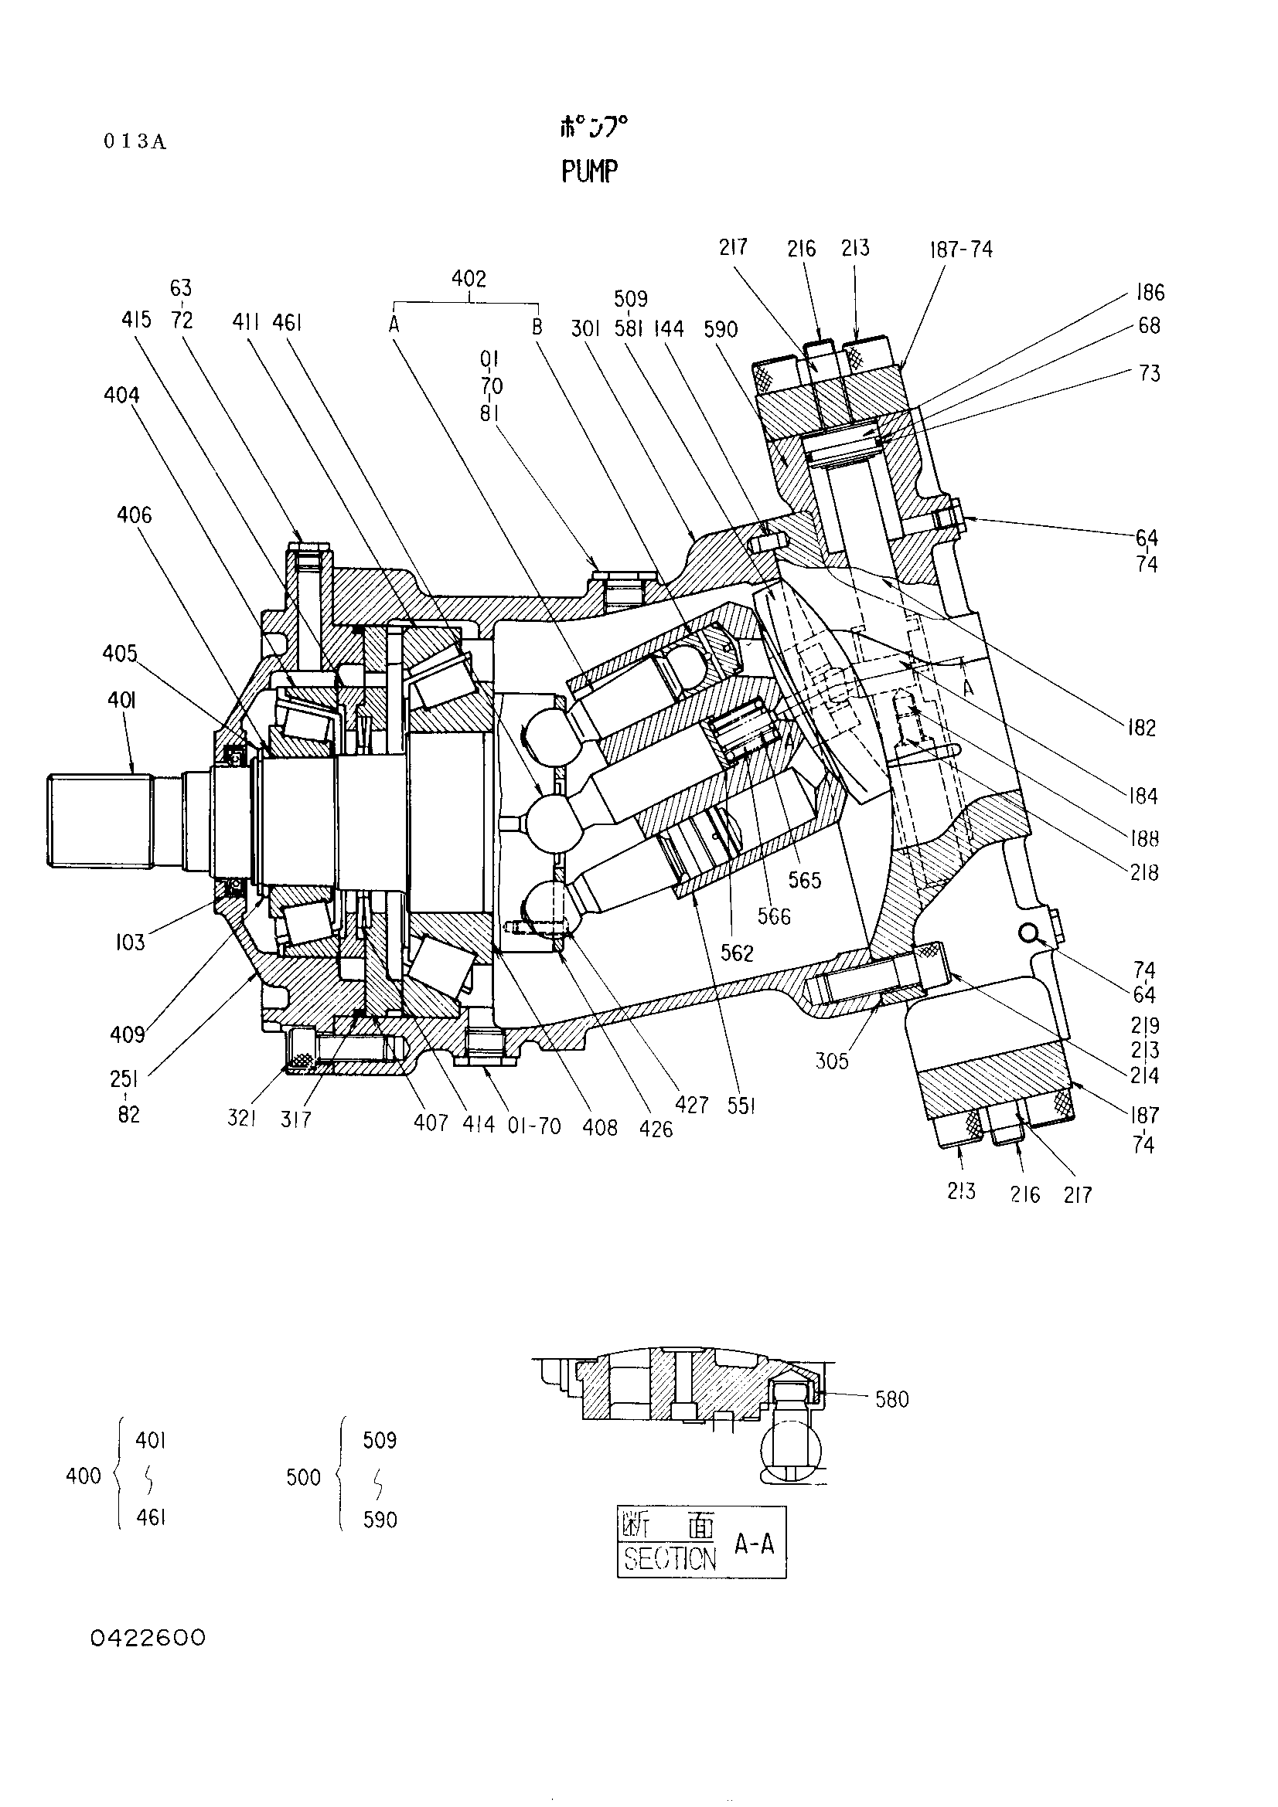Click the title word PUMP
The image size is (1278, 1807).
[x=590, y=170]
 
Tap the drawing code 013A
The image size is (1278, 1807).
[x=135, y=141]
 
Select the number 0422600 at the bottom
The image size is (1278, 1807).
[x=148, y=1638]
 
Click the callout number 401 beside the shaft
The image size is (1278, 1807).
[x=121, y=700]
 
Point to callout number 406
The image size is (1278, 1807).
[x=134, y=515]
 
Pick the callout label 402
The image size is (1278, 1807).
[x=469, y=278]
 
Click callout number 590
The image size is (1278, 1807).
[x=721, y=328]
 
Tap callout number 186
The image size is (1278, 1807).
[x=1150, y=293]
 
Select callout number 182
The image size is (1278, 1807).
[x=1141, y=727]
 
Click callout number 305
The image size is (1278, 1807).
[x=833, y=1061]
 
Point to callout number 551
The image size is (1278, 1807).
[x=741, y=1106]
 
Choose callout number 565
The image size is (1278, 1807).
[x=805, y=880]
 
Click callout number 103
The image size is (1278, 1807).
[x=130, y=941]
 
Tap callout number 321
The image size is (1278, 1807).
[x=242, y=1119]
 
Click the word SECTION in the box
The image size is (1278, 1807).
[x=670, y=1557]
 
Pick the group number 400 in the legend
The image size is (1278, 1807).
[x=83, y=1476]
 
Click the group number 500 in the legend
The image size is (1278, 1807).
[x=304, y=1477]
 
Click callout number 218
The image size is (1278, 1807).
[x=1143, y=872]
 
